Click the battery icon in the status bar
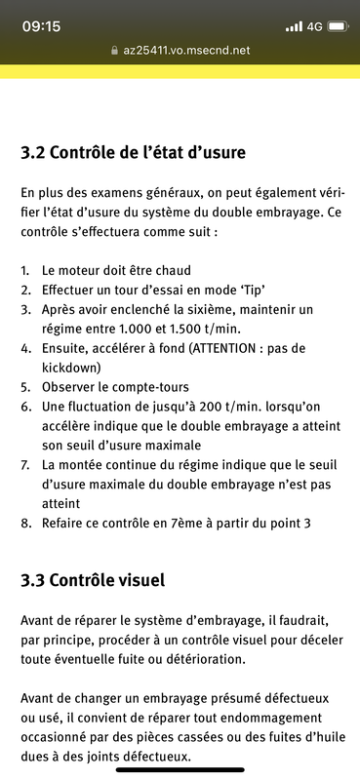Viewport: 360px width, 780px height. point(338,26)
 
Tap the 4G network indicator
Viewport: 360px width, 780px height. point(313,26)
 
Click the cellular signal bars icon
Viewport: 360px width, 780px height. point(294,26)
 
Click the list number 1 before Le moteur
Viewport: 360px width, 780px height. point(24,269)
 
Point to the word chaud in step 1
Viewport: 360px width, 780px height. point(186,269)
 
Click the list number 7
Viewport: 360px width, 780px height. point(24,464)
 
